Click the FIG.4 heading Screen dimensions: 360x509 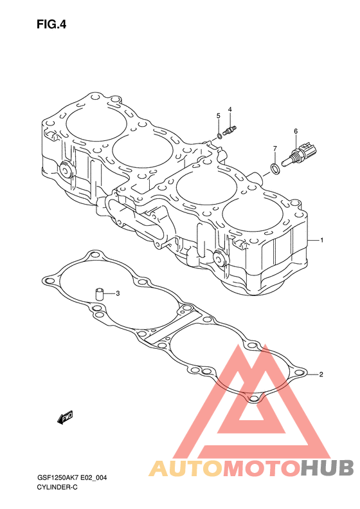[x=51, y=24]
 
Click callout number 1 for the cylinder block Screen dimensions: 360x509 [x=321, y=240]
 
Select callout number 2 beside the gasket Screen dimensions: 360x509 [x=321, y=375]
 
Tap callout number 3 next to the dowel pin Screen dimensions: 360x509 [x=118, y=293]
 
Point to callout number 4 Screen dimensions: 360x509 [x=230, y=109]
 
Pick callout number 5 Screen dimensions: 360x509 [x=219, y=116]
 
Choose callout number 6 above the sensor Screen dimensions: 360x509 [x=296, y=131]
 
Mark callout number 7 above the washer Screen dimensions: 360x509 [x=275, y=149]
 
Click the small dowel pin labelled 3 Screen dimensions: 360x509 [x=98, y=294]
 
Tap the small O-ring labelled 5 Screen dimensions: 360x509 [x=220, y=136]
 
